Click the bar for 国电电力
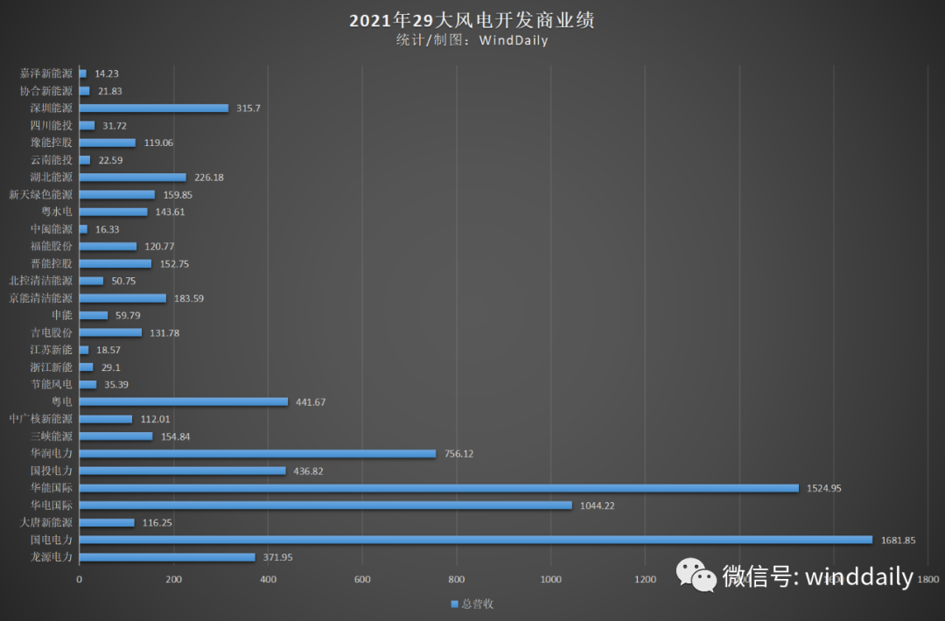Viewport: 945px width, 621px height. coord(475,540)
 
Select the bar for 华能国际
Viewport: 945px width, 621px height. coord(438,488)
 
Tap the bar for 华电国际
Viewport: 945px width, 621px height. coord(325,506)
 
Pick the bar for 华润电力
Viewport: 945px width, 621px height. coord(257,454)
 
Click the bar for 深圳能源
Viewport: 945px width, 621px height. coord(154,108)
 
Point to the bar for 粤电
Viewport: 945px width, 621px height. coord(184,401)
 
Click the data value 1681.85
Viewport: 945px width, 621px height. coord(898,541)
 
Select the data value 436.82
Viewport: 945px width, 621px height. coord(311,471)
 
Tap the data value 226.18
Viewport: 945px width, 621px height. coord(209,178)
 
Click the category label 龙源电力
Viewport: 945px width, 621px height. coord(51,557)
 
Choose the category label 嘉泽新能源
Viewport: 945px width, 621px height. coord(46,73)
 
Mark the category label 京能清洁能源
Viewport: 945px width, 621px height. coord(41,298)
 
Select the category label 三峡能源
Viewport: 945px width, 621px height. coord(51,436)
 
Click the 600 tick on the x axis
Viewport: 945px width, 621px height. coord(363,579)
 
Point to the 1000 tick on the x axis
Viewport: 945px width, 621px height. coord(551,579)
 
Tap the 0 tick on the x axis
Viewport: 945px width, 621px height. coord(80,579)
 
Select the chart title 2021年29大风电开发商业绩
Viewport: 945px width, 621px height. coord(472,20)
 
